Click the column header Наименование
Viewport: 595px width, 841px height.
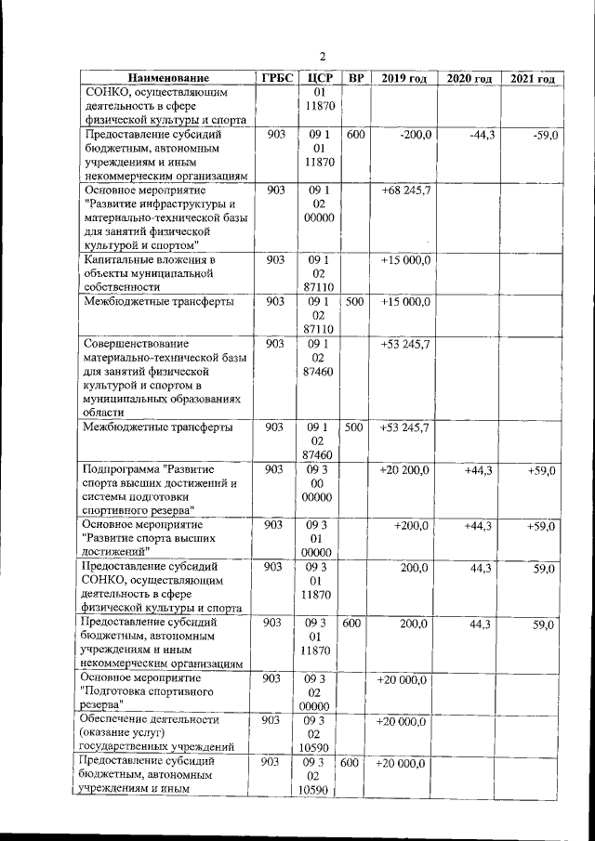pos(168,78)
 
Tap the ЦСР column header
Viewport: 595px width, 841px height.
pos(319,78)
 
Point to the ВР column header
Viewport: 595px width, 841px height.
pos(355,78)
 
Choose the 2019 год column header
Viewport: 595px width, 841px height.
pos(403,78)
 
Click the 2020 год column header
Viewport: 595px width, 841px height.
pos(469,78)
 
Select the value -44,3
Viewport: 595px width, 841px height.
pos(482,136)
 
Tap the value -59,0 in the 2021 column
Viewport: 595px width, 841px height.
pos(542,136)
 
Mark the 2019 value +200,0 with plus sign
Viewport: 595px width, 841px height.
pos(411,526)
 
